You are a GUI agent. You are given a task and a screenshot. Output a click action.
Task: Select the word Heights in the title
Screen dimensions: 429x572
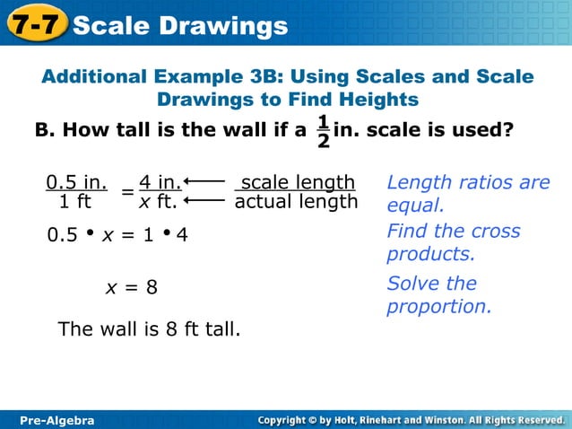tap(374, 99)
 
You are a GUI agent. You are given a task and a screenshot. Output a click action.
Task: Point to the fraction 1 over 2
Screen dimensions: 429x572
tap(323, 131)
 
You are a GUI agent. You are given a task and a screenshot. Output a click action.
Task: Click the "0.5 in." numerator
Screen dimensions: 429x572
tap(76, 183)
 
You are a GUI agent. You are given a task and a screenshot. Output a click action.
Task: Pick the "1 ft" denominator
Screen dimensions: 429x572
tap(75, 202)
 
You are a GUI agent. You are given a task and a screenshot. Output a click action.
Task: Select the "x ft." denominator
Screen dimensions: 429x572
tap(158, 202)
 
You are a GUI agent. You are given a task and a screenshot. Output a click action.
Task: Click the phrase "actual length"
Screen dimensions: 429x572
tap(296, 202)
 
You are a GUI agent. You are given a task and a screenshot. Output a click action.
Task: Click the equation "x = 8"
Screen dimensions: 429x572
tap(132, 288)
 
